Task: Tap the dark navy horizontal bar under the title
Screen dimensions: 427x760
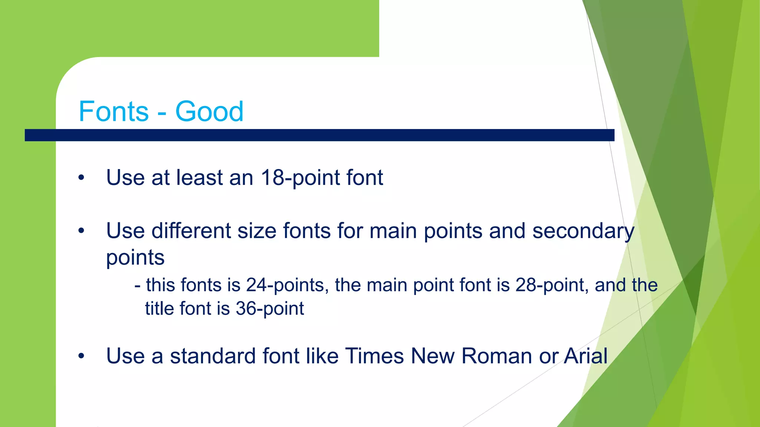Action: [319, 135]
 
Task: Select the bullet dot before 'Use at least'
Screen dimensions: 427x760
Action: [81, 178]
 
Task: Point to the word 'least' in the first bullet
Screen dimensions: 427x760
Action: [199, 178]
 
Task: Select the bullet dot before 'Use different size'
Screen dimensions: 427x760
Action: [81, 231]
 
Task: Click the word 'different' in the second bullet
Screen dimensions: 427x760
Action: [191, 231]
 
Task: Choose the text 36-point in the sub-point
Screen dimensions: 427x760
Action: [270, 309]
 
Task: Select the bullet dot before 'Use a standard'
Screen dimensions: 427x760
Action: [81, 357]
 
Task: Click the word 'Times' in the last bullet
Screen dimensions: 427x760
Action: [374, 356]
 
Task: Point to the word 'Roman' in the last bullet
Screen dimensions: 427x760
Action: [497, 356]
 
